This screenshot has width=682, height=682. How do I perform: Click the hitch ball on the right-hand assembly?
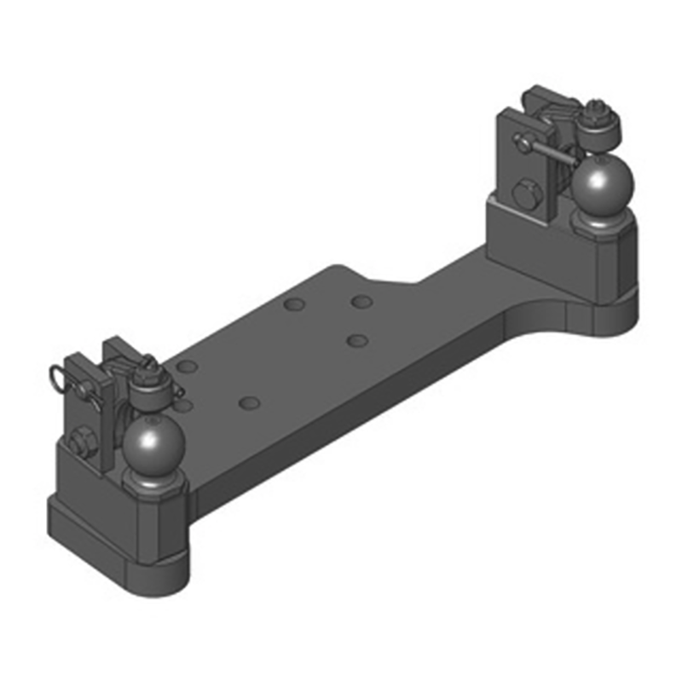[x=602, y=185]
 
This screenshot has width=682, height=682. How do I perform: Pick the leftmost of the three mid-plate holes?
[x=295, y=304]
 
